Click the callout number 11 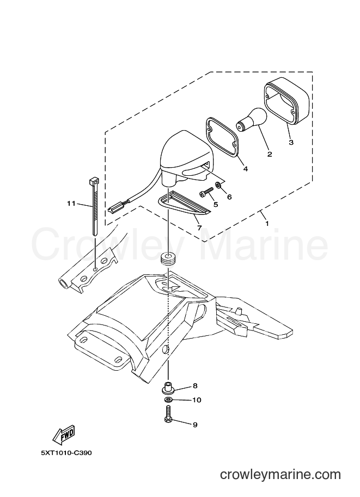tap(71, 203)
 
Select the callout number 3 tap(291, 142)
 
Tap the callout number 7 tap(199, 228)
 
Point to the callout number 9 tap(195, 425)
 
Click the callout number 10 tap(197, 400)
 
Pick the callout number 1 tap(267, 224)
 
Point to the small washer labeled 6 tap(218, 184)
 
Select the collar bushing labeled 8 tap(168, 388)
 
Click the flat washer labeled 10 tap(168, 400)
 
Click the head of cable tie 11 tap(93, 182)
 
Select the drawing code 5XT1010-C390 tap(66, 453)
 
